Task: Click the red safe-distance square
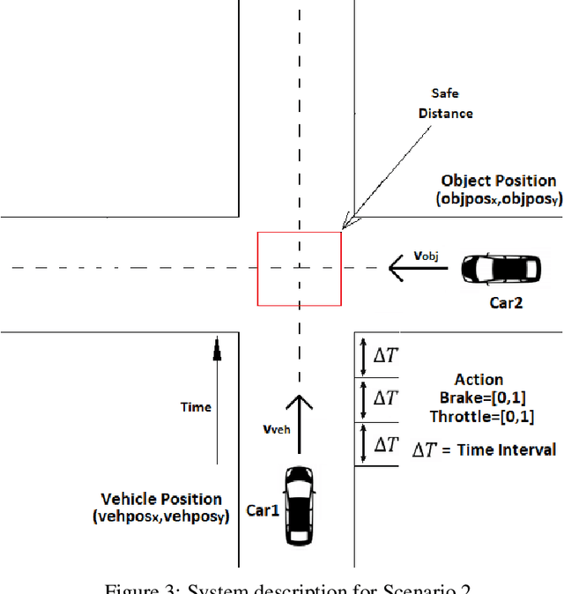(x=299, y=269)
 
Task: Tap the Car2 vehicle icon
(x=501, y=268)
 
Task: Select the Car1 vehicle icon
(x=300, y=505)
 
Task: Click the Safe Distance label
(x=451, y=103)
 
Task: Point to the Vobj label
(x=426, y=256)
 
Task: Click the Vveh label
(x=277, y=429)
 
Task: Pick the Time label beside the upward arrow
(x=196, y=407)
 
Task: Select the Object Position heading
(x=499, y=181)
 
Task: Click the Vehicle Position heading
(x=161, y=499)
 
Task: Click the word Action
(x=479, y=380)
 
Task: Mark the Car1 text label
(x=263, y=509)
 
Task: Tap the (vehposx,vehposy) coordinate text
(x=160, y=517)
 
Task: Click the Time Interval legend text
(x=484, y=449)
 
